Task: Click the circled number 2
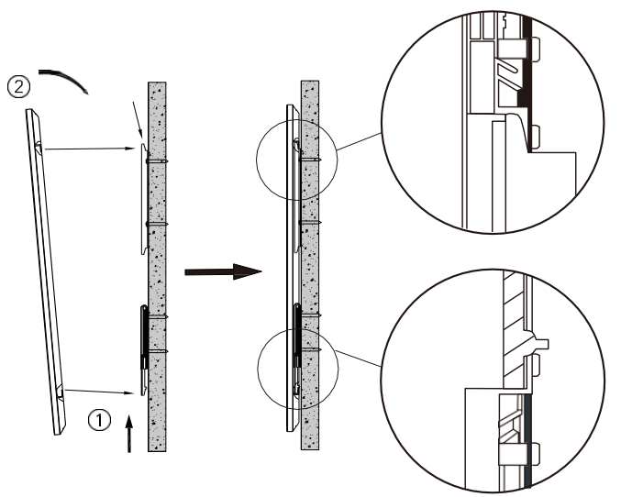point(18,87)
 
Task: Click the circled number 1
point(99,420)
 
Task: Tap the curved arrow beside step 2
point(64,82)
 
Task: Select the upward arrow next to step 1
point(128,434)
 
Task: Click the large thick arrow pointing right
point(224,271)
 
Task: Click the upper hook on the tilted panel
point(38,148)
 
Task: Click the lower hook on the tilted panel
point(60,392)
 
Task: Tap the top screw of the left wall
point(157,161)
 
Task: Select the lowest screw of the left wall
point(157,351)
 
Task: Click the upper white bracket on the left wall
point(144,199)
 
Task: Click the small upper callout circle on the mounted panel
point(297,160)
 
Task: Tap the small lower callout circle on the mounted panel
point(298,369)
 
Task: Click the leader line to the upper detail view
point(360,141)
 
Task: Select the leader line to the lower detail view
point(359,358)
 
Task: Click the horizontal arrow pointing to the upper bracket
point(90,149)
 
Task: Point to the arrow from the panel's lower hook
point(100,392)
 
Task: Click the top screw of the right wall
point(310,160)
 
